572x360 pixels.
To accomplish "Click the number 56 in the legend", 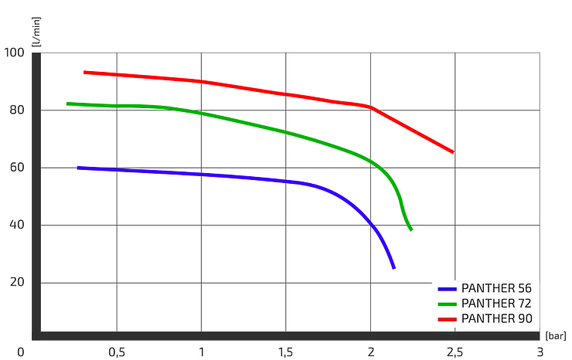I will click(x=522, y=288).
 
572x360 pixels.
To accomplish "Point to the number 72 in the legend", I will click(x=522, y=303).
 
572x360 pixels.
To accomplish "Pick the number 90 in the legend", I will click(x=522, y=318).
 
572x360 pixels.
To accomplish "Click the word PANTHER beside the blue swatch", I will click(x=487, y=288).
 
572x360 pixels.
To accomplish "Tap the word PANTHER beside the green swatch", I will click(x=487, y=303).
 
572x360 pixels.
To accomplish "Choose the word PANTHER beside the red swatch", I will click(x=487, y=318).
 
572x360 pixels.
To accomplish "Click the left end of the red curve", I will click(x=83, y=73).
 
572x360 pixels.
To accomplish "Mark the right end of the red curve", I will click(x=452, y=152).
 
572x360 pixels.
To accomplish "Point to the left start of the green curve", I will click(x=65, y=103).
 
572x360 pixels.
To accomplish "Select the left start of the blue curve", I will click(x=78, y=167).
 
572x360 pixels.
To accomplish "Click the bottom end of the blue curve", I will click(x=394, y=268).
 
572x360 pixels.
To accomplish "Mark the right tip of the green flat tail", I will click(x=449, y=231).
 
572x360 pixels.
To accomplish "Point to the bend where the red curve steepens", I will click(x=372, y=107).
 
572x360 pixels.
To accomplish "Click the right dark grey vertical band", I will click(x=410, y=85).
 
